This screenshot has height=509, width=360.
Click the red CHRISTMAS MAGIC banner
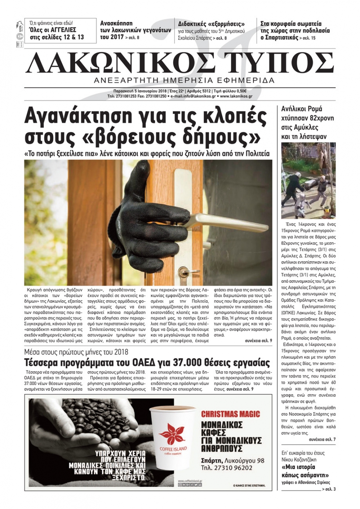(x=230, y=414)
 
